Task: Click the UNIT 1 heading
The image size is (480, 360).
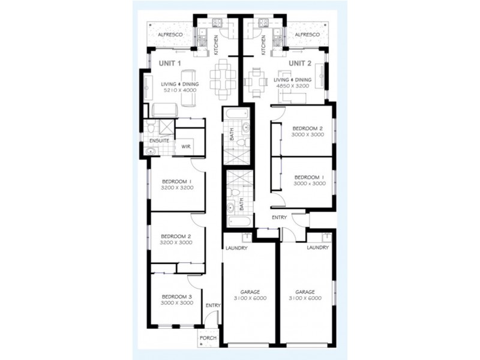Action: [170, 64]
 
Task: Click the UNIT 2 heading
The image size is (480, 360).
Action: [300, 64]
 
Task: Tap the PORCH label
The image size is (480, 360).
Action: [208, 338]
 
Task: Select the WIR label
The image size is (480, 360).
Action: [186, 146]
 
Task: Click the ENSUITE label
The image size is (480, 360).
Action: [159, 141]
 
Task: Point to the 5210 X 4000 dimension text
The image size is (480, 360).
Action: [180, 90]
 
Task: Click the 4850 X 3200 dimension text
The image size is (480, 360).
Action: [293, 86]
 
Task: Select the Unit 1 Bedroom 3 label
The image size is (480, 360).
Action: [177, 296]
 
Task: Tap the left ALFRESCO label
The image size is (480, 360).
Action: [170, 35]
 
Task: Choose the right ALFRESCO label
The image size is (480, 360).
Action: [307, 35]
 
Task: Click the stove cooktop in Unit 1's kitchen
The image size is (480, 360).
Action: [217, 22]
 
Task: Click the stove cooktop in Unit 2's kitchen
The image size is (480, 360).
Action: [263, 22]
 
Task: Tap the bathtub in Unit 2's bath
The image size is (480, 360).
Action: [239, 221]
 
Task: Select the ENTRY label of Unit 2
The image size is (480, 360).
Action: [279, 217]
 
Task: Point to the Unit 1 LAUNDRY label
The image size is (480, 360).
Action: [236, 248]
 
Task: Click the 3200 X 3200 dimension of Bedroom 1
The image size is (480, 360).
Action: [177, 188]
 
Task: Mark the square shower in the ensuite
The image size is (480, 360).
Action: [167, 127]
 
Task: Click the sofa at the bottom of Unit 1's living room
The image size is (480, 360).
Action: [164, 110]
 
